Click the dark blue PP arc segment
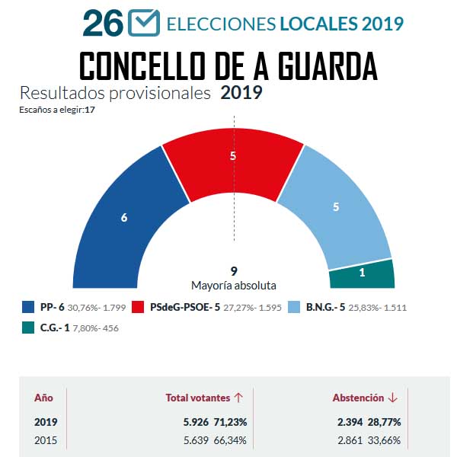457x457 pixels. [x=126, y=217]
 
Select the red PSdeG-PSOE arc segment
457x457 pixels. [x=233, y=156]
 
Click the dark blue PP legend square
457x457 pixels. [x=29, y=308]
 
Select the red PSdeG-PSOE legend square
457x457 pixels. [x=138, y=308]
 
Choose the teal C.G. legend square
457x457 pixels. [x=29, y=328]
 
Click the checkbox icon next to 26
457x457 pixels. [x=143, y=22]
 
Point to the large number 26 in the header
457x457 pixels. [x=102, y=23]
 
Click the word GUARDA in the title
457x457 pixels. [x=322, y=66]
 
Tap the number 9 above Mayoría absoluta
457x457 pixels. [x=233, y=270]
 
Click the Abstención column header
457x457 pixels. [x=358, y=398]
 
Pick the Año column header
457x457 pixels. [x=44, y=398]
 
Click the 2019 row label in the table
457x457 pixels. [x=46, y=422]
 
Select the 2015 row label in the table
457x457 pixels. [x=46, y=439]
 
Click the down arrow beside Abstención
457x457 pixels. [x=393, y=398]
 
